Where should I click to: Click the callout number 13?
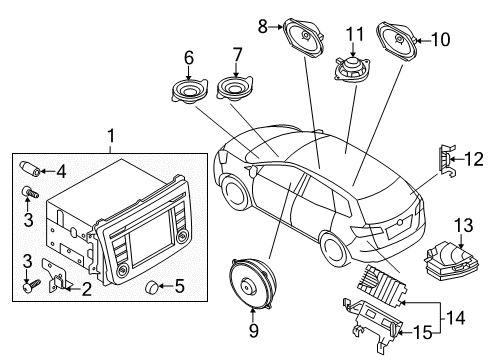point(464,226)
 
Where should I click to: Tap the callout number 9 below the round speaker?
point(254,330)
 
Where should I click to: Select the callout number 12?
point(474,159)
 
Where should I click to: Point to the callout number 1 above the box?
point(111,136)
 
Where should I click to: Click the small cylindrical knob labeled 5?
point(153,286)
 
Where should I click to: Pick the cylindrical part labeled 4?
point(31,168)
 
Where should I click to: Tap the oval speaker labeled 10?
point(396,42)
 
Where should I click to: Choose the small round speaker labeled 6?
point(189,90)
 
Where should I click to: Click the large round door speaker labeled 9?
point(252,284)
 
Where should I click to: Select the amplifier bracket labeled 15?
point(374,323)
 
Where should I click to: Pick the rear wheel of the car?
point(334,249)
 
